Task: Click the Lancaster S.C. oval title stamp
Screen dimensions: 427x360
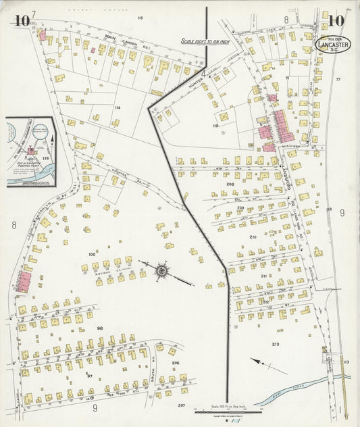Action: [x=334, y=44]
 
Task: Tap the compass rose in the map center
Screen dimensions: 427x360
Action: [x=162, y=271]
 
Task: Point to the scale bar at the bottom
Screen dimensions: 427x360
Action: [x=221, y=409]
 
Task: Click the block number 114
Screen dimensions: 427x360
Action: [x=118, y=107]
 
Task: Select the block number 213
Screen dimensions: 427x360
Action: [x=276, y=345]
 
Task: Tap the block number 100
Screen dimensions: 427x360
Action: [x=92, y=254]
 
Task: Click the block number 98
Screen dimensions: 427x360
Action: [x=99, y=328]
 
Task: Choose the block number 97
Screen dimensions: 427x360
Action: [x=88, y=374]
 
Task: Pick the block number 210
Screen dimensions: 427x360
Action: [x=253, y=237]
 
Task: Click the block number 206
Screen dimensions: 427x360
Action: [x=175, y=363]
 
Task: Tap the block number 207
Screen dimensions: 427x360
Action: [x=180, y=405]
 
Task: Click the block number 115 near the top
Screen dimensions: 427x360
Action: [x=140, y=17]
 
